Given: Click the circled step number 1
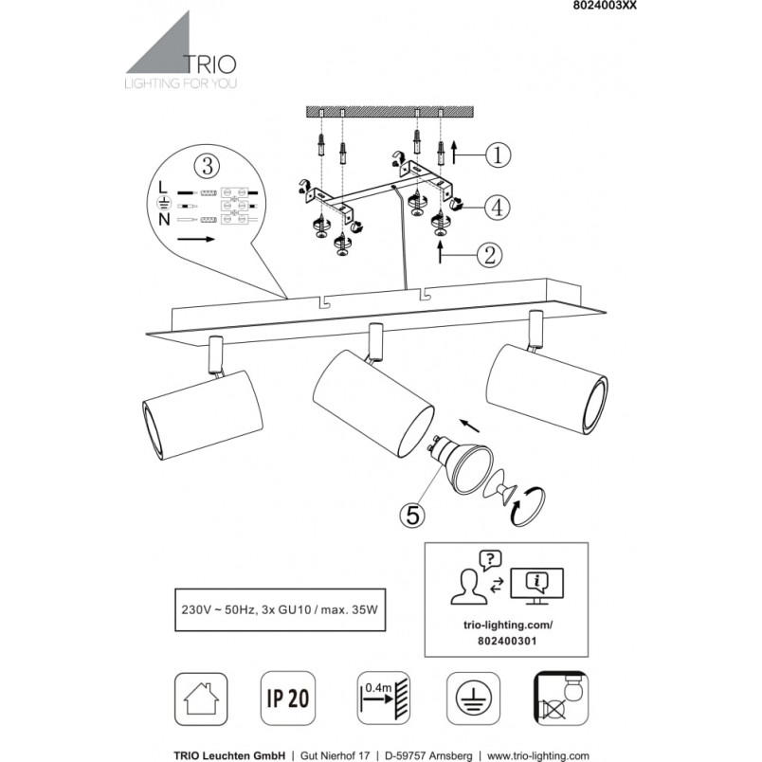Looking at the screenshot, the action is [499, 155].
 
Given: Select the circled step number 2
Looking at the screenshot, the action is [489, 255].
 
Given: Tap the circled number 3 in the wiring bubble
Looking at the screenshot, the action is [207, 166].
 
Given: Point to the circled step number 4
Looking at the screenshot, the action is [498, 208].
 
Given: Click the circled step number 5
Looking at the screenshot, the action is [412, 515].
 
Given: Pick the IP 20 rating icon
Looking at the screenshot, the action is [288, 698].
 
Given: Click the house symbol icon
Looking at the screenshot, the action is [201, 698].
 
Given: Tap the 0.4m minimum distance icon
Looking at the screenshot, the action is [384, 698].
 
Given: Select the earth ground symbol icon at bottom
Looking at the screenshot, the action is [473, 698].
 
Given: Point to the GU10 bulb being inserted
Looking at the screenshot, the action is [460, 465].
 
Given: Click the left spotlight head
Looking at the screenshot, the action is [203, 415].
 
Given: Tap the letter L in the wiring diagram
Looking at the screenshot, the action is [163, 187].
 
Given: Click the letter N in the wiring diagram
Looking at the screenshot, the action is [164, 220].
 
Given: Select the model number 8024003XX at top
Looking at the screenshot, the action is [602, 6].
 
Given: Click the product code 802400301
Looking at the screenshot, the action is [507, 641].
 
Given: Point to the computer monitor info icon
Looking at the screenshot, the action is [537, 586].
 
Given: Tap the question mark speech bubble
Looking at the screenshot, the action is [490, 560].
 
